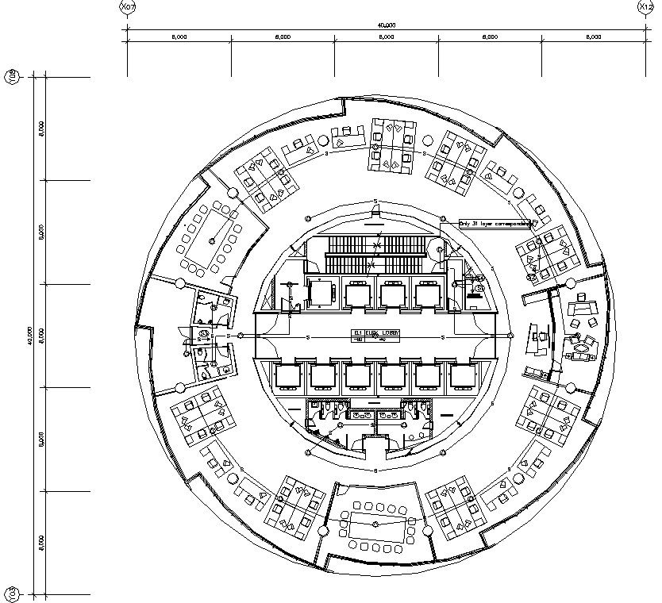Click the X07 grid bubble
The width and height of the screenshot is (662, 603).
click(126, 7)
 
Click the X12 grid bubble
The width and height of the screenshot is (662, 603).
click(645, 7)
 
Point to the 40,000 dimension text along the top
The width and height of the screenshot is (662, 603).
click(387, 25)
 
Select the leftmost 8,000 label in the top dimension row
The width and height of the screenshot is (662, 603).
click(179, 37)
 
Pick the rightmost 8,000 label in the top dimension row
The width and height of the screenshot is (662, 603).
click(594, 37)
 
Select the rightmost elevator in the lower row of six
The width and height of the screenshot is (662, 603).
click(464, 375)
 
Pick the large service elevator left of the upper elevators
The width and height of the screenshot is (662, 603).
click(322, 293)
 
